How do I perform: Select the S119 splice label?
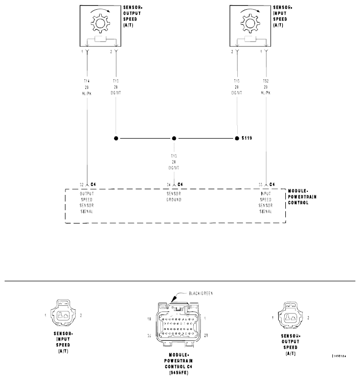[x=247, y=138]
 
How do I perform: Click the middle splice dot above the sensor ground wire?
[x=174, y=138]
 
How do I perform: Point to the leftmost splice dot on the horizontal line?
[x=116, y=138]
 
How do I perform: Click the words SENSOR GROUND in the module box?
[x=174, y=196]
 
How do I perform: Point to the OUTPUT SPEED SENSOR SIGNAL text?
[x=86, y=202]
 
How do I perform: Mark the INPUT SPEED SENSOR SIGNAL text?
[x=264, y=202]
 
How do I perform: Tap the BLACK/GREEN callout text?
[x=200, y=294]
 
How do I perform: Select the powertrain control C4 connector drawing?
[x=176, y=324]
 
